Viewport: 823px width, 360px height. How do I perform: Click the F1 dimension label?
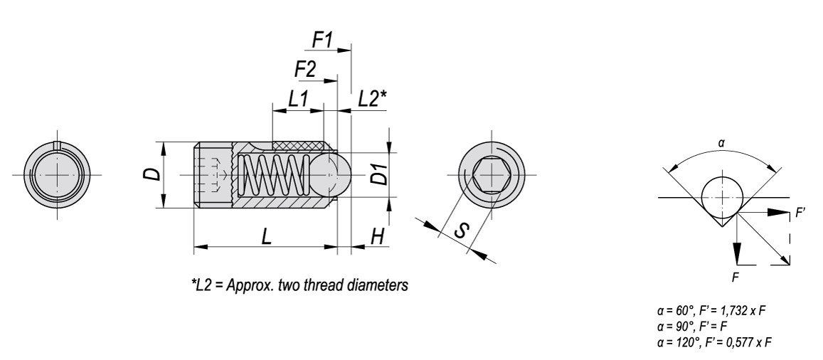point(323,40)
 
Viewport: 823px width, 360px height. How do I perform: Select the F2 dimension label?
point(305,69)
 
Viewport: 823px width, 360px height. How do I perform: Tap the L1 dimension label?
point(297,99)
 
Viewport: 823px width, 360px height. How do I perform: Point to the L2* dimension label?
point(372,99)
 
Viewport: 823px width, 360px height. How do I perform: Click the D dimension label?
point(152,174)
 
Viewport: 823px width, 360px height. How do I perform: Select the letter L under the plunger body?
point(267,237)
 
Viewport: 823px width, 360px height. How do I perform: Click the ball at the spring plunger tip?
point(330,175)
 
